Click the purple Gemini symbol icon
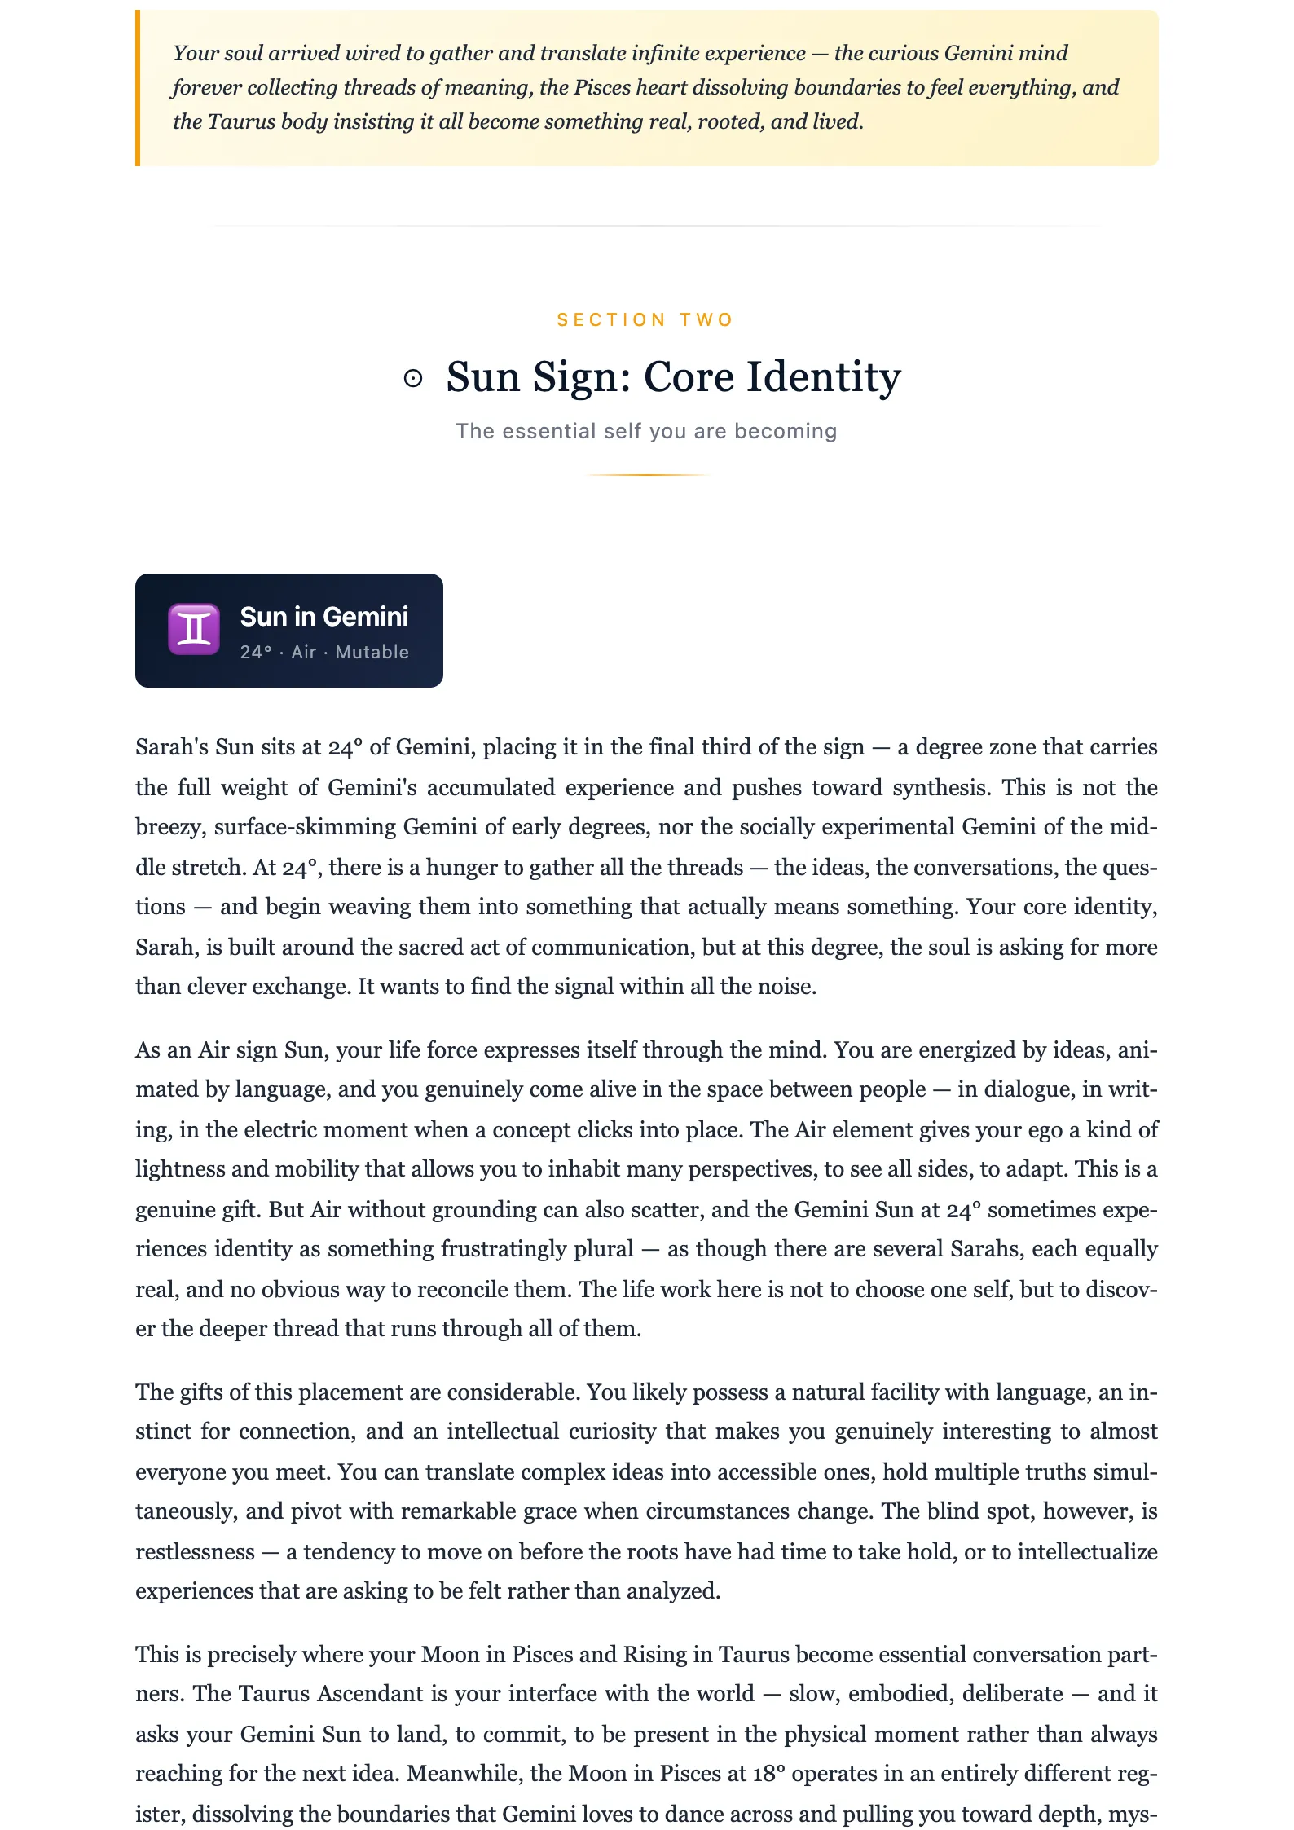tap(194, 630)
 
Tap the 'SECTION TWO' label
tap(646, 319)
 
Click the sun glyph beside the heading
tap(413, 378)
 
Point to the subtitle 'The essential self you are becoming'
tap(646, 431)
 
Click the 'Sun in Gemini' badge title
tap(324, 617)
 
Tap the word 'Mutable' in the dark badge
tap(372, 653)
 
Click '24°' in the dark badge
tap(256, 653)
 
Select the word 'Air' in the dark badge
tap(304, 653)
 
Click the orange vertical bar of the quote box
tap(138, 88)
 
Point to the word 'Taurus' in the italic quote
tap(242, 122)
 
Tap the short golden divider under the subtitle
tap(648, 474)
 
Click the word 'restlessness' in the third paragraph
tap(195, 1552)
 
